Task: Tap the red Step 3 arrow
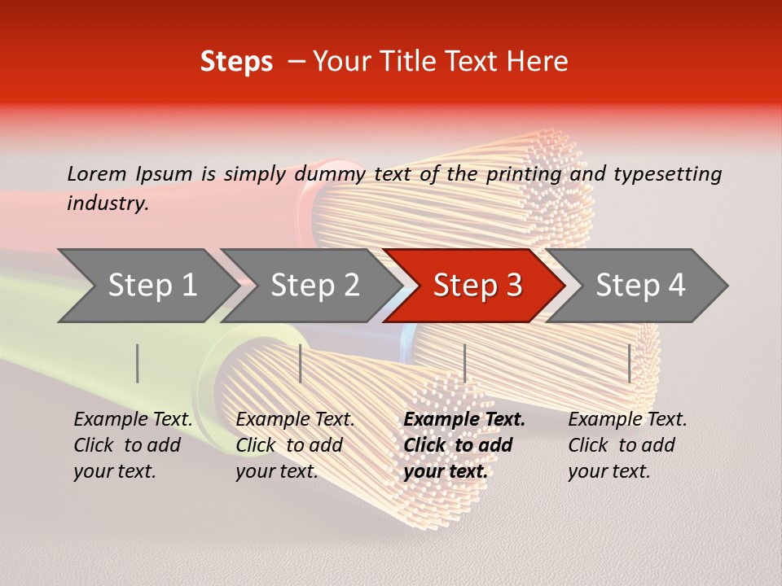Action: [477, 286]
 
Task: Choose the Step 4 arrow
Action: [640, 286]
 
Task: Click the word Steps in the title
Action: [236, 62]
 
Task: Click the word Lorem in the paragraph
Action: [96, 173]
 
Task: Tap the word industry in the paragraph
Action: [108, 203]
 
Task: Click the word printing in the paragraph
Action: [522, 173]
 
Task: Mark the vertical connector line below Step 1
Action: [138, 363]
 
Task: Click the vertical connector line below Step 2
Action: [301, 363]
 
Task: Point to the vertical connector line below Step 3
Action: [464, 363]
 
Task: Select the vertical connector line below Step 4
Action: [629, 363]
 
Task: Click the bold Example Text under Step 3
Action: [464, 419]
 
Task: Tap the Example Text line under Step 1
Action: [133, 419]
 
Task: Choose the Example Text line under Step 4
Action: [627, 419]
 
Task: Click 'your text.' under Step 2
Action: [276, 471]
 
